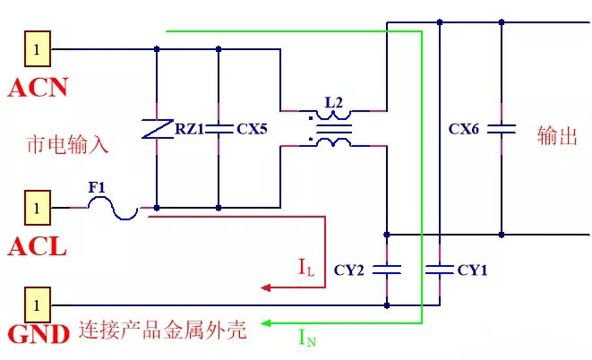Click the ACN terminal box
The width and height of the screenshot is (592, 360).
point(38,49)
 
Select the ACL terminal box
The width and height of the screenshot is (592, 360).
point(38,208)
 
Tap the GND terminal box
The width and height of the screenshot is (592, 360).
point(38,304)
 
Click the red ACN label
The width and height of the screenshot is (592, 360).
point(38,87)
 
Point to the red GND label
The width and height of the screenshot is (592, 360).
point(39,334)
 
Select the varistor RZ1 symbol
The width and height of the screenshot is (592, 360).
point(157,129)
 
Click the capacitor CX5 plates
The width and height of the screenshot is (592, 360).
point(219,129)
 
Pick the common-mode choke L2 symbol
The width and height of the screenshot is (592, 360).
point(334,129)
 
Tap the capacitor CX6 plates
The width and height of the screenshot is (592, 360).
point(502,129)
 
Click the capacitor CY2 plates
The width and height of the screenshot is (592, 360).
point(387,270)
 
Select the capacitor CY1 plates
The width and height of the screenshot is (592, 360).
point(440,270)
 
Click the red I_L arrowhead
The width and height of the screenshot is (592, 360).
point(266,288)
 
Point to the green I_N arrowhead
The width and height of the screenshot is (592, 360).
point(266,323)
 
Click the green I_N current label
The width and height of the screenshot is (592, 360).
point(307,339)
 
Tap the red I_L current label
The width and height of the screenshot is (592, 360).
point(306,268)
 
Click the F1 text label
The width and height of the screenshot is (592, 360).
point(97,187)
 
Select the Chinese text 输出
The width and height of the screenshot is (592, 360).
point(557,136)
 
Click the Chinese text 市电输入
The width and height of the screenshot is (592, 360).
point(68,144)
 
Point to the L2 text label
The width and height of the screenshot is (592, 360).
point(334,102)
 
